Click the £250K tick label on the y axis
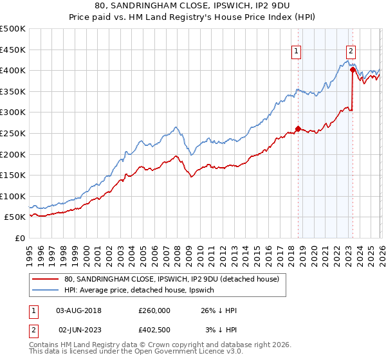13,133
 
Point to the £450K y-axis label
13,49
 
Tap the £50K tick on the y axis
15,217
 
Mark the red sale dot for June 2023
353,69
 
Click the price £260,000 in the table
154,310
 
